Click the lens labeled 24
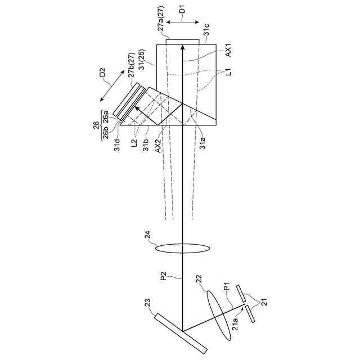183,248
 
